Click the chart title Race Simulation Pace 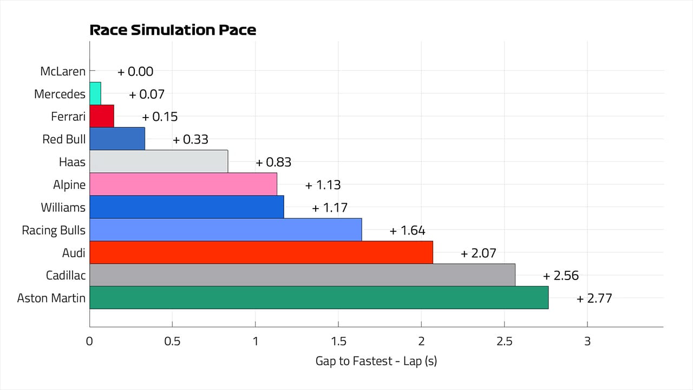173,30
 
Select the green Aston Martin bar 318,298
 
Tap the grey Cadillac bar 302,275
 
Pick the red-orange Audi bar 261,252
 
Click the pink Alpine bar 183,184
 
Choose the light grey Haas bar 158,161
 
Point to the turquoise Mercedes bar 95,94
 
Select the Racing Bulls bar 225,230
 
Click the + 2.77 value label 594,298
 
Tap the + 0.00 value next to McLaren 136,71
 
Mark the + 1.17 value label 330,207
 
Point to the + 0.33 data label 191,140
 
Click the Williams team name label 63,207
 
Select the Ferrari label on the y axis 68,116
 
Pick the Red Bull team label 64,139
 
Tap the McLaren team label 63,71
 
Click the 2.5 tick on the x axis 504,342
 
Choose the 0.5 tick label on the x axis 172,342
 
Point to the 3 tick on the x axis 587,342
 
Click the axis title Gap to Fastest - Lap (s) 376,361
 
